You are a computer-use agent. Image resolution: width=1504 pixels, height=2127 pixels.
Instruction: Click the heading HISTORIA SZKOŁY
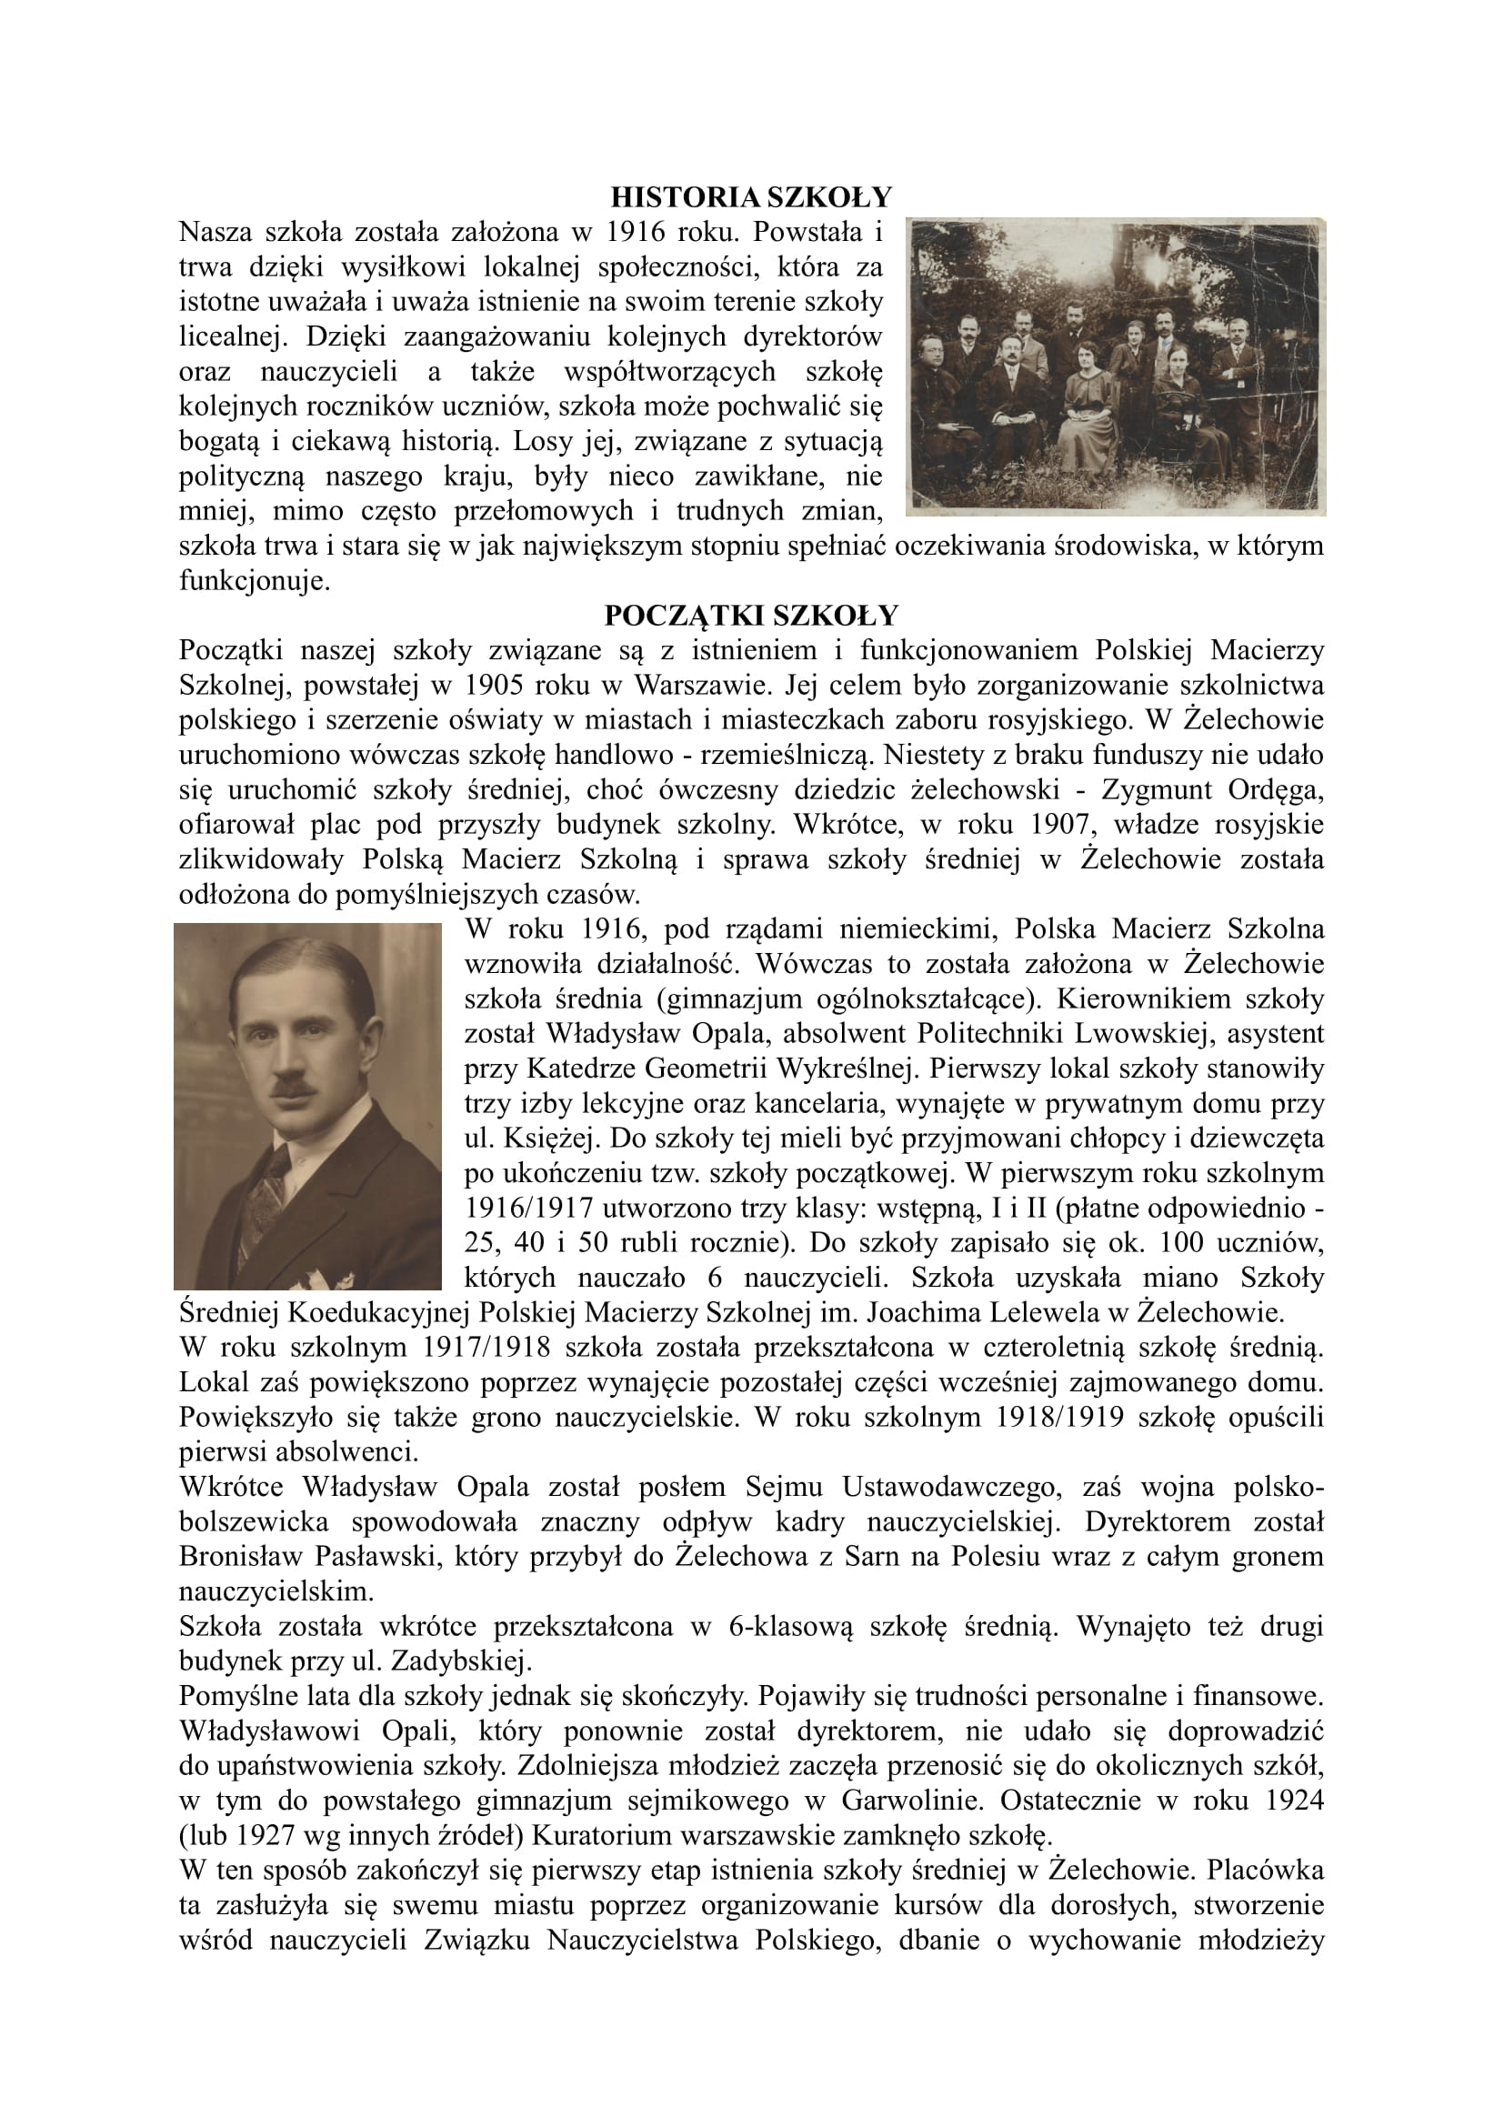point(751,197)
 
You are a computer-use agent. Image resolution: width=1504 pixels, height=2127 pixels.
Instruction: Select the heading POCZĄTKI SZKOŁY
point(751,616)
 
